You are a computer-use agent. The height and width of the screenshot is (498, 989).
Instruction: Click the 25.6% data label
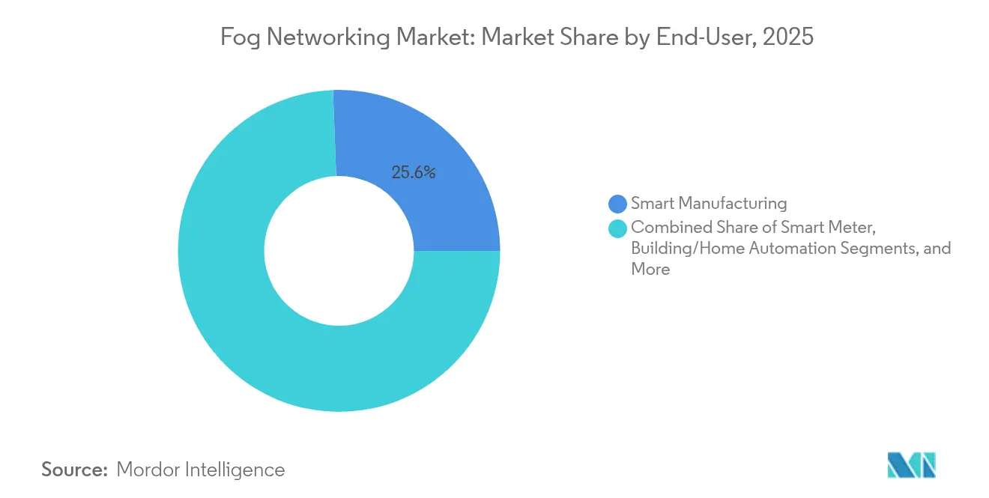413,172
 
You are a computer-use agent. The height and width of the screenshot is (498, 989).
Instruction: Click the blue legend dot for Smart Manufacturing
618,203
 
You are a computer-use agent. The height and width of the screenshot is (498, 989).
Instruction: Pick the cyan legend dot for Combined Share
618,227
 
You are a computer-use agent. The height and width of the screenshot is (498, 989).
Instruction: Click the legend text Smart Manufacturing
709,203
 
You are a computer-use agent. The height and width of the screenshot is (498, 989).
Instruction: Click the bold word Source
74,470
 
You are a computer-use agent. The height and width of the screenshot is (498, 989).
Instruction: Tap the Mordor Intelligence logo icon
911,466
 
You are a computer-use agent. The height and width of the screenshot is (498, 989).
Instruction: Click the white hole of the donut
339,251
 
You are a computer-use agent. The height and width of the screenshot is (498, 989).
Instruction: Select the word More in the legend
650,270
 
